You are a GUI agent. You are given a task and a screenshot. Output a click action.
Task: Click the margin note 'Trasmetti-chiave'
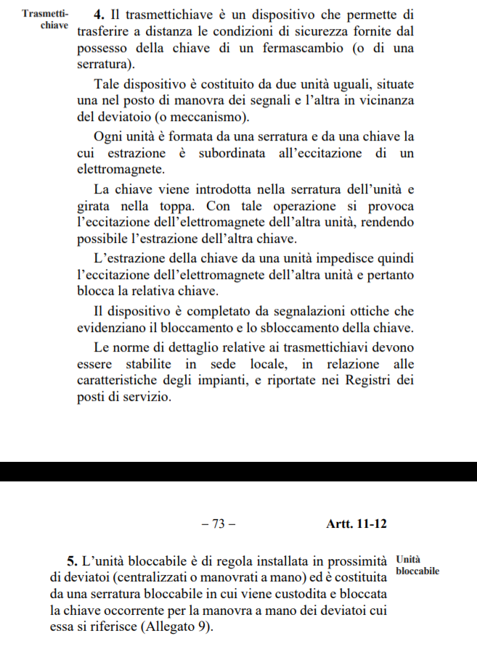(x=45, y=20)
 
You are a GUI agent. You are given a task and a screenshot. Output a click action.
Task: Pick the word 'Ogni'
(x=108, y=136)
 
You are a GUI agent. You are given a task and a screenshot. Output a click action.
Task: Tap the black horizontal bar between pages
(x=238, y=472)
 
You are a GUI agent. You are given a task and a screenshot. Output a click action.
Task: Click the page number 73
(x=218, y=525)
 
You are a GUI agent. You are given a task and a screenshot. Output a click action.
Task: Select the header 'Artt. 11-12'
(x=356, y=525)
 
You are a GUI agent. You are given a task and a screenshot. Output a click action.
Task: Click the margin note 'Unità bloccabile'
(x=417, y=566)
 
